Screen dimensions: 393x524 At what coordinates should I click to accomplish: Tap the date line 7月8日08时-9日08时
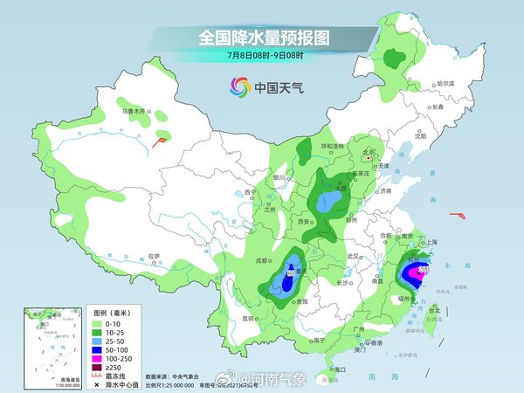[x=262, y=56]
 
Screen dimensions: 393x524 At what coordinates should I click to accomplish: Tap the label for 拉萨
[x=153, y=256]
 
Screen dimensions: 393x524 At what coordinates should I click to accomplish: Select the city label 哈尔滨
[x=445, y=83]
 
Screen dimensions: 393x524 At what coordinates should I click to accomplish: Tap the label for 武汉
[x=353, y=256]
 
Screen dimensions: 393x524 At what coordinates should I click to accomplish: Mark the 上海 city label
[x=431, y=242]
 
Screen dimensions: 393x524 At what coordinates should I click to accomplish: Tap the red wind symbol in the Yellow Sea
[x=457, y=215]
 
